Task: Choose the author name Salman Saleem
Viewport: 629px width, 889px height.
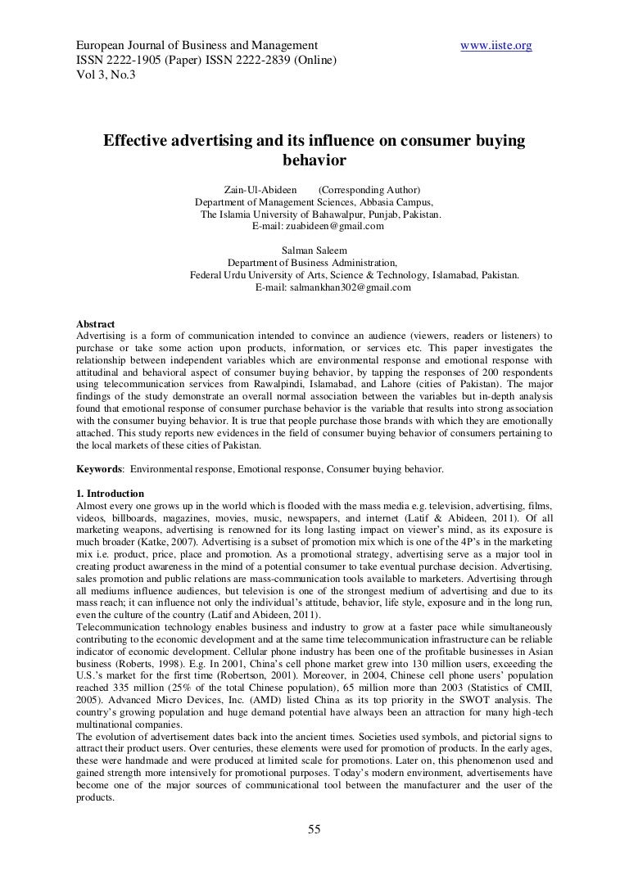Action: tap(313, 250)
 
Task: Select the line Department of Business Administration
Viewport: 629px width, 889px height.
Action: tap(312, 263)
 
